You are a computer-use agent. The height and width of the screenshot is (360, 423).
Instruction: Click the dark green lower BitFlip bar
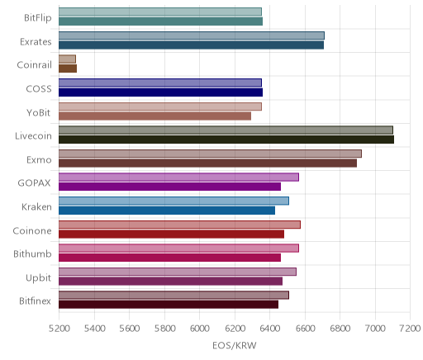pos(160,21)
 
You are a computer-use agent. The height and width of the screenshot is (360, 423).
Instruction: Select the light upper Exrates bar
pos(192,36)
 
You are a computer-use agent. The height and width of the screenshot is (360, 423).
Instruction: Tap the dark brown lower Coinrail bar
pos(68,69)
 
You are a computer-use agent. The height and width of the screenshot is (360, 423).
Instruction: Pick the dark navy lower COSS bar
pos(160,92)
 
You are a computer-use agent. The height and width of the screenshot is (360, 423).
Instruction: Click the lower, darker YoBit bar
pos(154,116)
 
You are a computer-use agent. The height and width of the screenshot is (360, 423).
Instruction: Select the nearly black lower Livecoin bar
pos(226,140)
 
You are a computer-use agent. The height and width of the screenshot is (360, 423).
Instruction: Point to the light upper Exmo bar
pos(210,154)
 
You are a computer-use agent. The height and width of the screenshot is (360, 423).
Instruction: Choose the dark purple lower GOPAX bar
pos(169,187)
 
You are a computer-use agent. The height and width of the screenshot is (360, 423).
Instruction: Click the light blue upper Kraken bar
pos(173,201)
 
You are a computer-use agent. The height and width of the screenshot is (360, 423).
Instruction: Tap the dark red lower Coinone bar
pos(171,234)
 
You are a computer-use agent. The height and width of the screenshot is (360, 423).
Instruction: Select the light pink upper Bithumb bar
pos(178,249)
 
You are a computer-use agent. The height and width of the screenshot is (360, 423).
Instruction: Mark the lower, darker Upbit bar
pos(170,282)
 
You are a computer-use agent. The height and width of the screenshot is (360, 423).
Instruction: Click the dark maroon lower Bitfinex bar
pos(169,305)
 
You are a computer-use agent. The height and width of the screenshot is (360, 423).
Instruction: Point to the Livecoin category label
pos(33,136)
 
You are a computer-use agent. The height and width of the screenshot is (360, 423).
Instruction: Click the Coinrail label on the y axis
pos(35,65)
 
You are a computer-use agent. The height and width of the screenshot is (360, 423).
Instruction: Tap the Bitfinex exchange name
pos(35,301)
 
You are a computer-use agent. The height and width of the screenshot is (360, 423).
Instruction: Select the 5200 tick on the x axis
pos(59,329)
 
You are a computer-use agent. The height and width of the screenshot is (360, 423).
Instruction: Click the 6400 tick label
pos(270,329)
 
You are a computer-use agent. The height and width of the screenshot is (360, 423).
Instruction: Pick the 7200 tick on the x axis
pos(410,329)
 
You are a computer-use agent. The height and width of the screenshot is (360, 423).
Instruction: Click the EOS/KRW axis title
pos(235,345)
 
